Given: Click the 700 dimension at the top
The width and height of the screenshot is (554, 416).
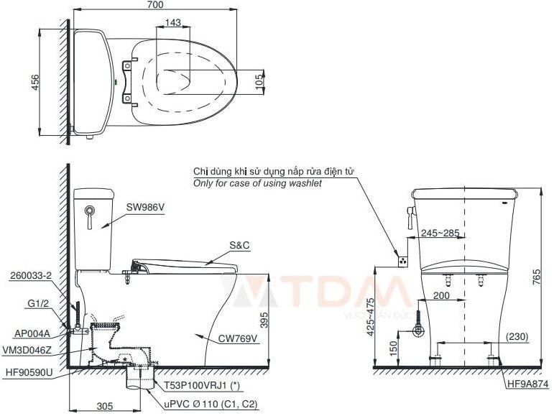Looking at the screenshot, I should [x=155, y=5].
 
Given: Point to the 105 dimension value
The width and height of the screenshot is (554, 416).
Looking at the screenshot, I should [x=259, y=83].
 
